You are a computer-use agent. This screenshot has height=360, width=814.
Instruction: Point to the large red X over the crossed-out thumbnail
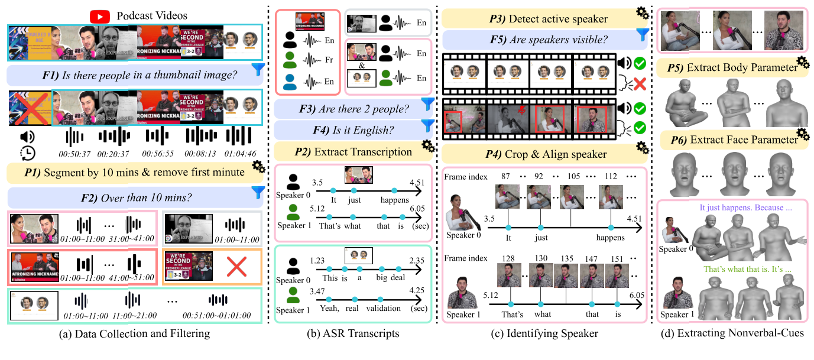[30, 108]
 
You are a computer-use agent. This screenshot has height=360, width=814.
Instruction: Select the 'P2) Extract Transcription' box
[354, 151]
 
